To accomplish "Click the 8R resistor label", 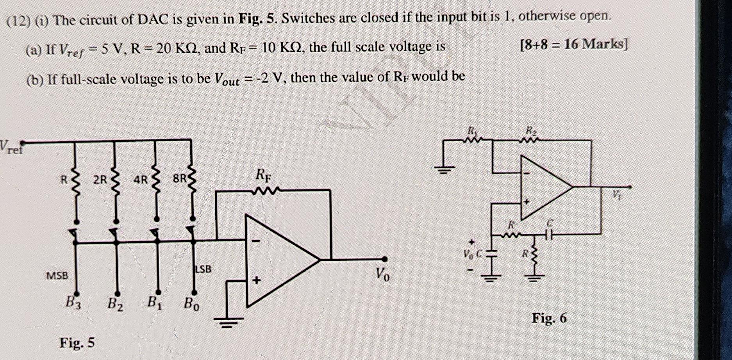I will tap(180, 179).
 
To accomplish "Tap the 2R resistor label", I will tap(100, 179).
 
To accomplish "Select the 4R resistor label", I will tap(140, 180).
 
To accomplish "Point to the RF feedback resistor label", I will tap(263, 175).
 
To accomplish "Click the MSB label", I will tap(57, 276).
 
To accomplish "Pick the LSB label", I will tap(203, 269).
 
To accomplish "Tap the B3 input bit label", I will tap(73, 302).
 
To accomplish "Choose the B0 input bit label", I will tap(191, 303).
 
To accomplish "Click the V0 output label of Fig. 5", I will tap(382, 274).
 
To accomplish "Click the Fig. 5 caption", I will tap(77, 343).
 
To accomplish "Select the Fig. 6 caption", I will tap(549, 318).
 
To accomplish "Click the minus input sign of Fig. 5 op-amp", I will tap(256, 241).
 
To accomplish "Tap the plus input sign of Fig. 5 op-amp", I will tap(257, 280).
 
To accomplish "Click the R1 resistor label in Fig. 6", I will tap(472, 130).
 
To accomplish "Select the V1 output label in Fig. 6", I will tap(616, 194).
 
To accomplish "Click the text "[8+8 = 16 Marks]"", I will tap(573, 45).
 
